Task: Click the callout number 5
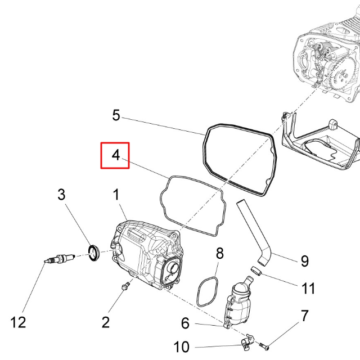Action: coord(116,115)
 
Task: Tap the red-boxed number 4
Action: coord(115,155)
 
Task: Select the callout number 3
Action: coord(61,195)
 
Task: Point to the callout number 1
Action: coord(116,195)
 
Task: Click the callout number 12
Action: coord(18,322)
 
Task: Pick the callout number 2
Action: coord(105,322)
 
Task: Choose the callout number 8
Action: coord(220,253)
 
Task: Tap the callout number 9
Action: coord(304,261)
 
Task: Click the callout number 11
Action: coord(308,289)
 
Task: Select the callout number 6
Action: coord(185,324)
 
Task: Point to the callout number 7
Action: coord(304,316)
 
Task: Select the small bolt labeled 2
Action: coord(125,287)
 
